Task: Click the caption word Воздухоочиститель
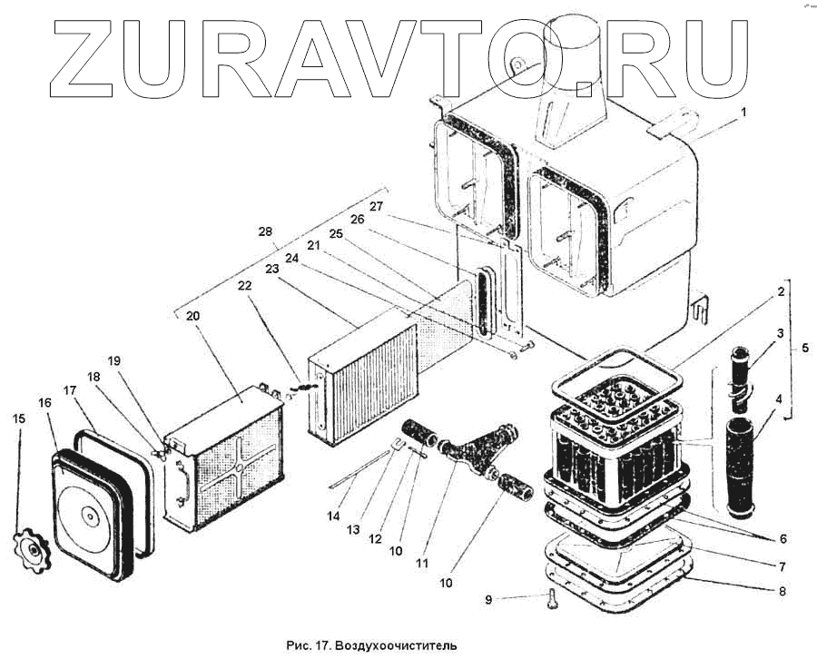tap(394, 645)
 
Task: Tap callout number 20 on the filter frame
tap(193, 317)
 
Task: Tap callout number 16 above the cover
tap(44, 403)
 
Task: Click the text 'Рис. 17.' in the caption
tap(309, 645)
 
